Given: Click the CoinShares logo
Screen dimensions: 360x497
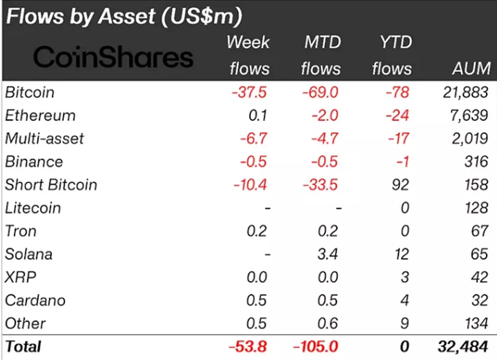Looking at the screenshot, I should click(x=113, y=58).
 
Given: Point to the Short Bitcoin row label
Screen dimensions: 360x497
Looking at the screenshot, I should click(x=51, y=184).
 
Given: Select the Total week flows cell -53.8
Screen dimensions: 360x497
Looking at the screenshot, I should click(x=248, y=346).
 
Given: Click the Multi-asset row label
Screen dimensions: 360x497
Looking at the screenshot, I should click(x=44, y=138).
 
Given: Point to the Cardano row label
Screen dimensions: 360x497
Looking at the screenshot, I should click(x=35, y=300).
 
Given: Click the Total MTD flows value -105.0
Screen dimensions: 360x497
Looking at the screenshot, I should click(x=315, y=346).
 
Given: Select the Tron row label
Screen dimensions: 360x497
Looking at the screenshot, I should click(x=21, y=231).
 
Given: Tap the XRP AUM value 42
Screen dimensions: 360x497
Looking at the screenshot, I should click(x=479, y=277).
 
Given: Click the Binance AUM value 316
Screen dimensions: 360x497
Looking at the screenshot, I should click(x=477, y=161).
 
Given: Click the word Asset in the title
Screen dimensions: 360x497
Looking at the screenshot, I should click(x=126, y=16).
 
